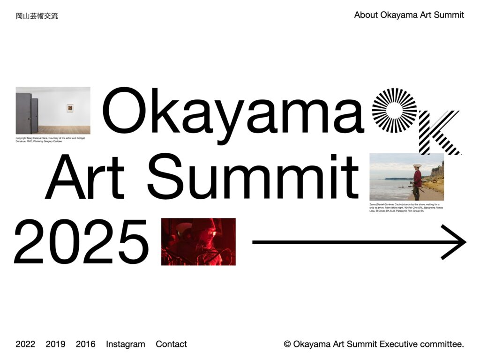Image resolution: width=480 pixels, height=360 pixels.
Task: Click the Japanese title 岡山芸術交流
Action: point(37,16)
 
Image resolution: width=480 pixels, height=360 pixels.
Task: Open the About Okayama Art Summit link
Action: point(409,15)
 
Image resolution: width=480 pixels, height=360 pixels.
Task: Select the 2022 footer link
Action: point(25,344)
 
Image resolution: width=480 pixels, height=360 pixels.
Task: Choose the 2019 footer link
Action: point(55,344)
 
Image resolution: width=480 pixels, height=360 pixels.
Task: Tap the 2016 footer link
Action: point(85,344)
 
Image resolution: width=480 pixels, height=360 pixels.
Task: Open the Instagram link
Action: point(126,344)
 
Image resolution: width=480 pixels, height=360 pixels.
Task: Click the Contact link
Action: point(171,344)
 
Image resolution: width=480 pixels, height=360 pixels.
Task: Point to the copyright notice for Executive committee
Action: point(374,344)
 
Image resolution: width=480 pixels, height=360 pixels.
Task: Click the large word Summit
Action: point(253,177)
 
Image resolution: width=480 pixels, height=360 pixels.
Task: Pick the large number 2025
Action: point(81,242)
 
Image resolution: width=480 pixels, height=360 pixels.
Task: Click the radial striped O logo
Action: point(394,111)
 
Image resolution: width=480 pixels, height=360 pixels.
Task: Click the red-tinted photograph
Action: point(198,241)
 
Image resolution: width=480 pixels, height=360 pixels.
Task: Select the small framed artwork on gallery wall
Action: point(70,109)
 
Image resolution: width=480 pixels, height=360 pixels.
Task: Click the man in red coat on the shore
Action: point(417,180)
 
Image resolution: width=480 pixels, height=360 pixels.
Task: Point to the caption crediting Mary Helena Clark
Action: point(50,140)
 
